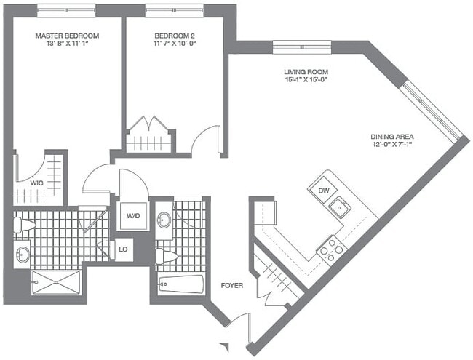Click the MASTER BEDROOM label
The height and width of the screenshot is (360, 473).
click(x=67, y=36)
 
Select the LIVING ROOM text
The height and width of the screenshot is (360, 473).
click(x=306, y=72)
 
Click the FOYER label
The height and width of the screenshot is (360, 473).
click(x=231, y=285)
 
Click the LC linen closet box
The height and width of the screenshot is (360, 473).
click(x=123, y=249)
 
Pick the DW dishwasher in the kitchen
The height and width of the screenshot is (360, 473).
click(x=324, y=191)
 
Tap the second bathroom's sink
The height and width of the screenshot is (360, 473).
click(x=164, y=220)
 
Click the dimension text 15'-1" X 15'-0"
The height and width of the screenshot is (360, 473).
click(x=306, y=81)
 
